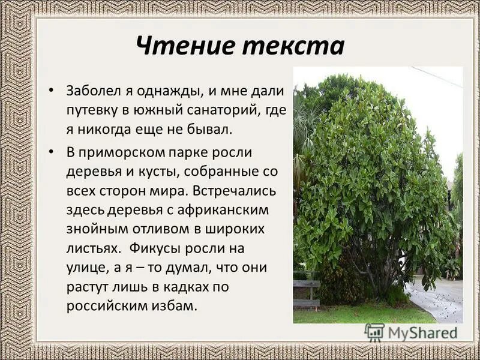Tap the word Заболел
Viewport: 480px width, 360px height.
click(92, 91)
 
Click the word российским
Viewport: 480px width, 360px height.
click(108, 306)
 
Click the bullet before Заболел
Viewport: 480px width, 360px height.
click(52, 90)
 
